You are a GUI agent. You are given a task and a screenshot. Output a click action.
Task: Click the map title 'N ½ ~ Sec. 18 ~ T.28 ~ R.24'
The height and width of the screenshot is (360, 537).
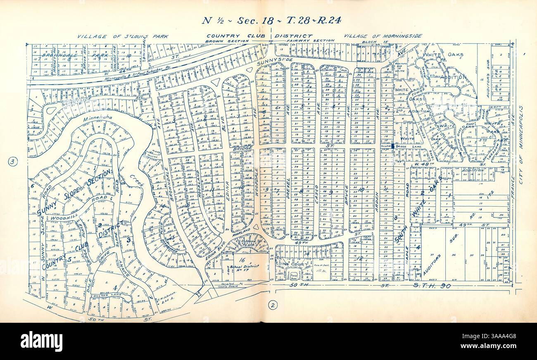pyautogui.click(x=271, y=21)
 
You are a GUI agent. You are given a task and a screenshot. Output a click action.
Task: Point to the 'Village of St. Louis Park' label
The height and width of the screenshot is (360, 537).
pyautogui.click(x=123, y=36)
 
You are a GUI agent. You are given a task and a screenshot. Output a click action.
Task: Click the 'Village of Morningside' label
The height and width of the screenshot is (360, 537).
pyautogui.click(x=383, y=36)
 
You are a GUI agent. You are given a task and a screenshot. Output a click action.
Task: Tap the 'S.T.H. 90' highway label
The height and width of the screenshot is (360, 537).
pyautogui.click(x=434, y=285)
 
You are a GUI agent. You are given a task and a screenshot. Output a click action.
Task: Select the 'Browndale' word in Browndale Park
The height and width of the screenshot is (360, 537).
pyautogui.click(x=53, y=54)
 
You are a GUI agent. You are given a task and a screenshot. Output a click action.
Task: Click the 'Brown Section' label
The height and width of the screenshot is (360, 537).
pyautogui.click(x=228, y=41)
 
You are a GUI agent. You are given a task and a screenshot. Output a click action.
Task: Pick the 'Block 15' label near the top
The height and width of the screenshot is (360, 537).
pyautogui.click(x=370, y=42)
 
